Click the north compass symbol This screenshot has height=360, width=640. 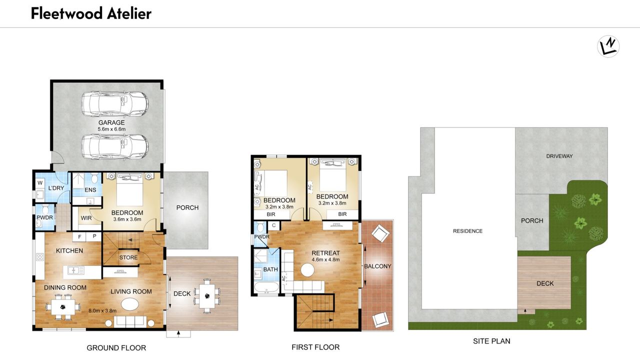608,46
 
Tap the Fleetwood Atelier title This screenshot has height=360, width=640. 91,13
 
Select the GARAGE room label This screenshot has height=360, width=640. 111,122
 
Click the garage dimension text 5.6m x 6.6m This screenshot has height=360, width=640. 111,129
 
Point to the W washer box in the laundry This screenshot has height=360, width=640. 40,183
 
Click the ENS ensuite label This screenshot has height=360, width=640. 90,190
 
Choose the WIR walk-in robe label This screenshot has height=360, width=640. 86,218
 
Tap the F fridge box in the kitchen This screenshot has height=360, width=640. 79,236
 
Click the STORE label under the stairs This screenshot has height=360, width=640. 128,257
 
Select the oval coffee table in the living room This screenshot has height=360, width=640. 130,304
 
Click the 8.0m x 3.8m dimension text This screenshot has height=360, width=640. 102,310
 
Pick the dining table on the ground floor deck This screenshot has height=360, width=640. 207,296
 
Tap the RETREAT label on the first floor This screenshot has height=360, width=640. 325,253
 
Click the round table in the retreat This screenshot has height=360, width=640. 307,270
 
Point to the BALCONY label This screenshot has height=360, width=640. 377,266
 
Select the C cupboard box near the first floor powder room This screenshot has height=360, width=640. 273,225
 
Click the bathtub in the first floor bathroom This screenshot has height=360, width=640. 266,288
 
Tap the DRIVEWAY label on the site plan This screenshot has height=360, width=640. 559,156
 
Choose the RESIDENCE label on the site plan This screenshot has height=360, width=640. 467,231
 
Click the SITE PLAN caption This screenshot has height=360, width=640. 491,341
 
